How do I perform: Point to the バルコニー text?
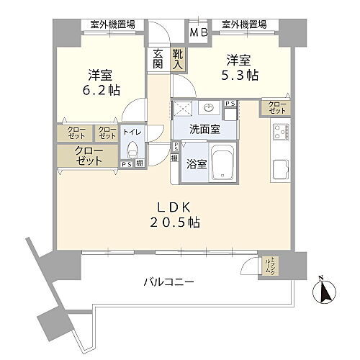pyautogui.click(x=167, y=282)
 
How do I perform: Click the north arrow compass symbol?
pyautogui.click(x=324, y=292)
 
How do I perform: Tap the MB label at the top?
pyautogui.click(x=198, y=32)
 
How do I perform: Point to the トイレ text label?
pyautogui.click(x=131, y=132)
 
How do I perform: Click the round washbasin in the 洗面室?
pyautogui.click(x=210, y=109)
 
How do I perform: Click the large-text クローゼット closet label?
pyautogui.click(x=88, y=156)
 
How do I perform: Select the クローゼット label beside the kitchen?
pyautogui.click(x=277, y=108)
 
